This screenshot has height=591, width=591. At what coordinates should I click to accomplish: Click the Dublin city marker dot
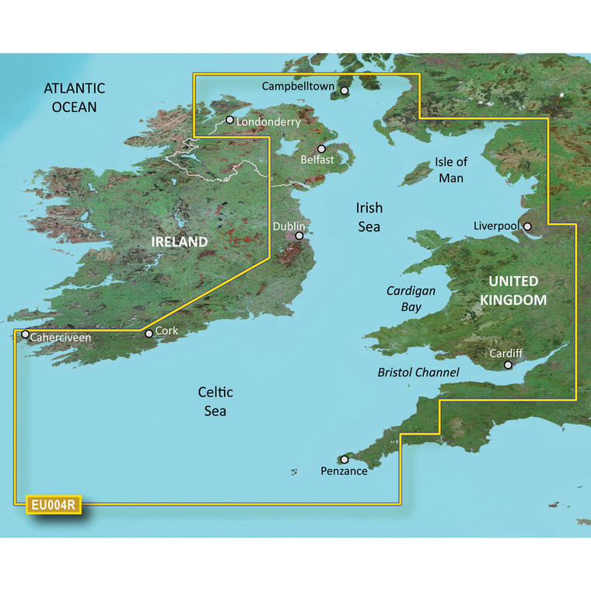pyautogui.click(x=299, y=236)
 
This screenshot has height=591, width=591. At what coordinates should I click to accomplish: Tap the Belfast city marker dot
pyautogui.click(x=321, y=149)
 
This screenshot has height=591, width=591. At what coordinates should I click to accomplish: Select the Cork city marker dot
pyautogui.click(x=149, y=334)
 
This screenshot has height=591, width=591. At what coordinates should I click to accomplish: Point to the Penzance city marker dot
pyautogui.click(x=344, y=460)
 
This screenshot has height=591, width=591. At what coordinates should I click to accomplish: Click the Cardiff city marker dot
pyautogui.click(x=508, y=364)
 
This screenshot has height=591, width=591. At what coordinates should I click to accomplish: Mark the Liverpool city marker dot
pyautogui.click(x=527, y=227)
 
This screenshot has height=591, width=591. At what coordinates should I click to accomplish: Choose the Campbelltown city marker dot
pyautogui.click(x=345, y=91)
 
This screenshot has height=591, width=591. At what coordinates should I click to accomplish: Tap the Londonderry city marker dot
pyautogui.click(x=230, y=120)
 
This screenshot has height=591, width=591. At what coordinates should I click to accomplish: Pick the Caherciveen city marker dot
pyautogui.click(x=25, y=335)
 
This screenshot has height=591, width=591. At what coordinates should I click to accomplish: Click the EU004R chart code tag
pyautogui.click(x=53, y=505)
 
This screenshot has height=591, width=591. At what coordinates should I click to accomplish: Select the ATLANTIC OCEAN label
pyautogui.click(x=74, y=97)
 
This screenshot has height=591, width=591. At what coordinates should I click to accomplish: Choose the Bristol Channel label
pyautogui.click(x=418, y=372)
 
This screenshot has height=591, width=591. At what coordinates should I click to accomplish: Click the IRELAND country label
pyautogui.click(x=180, y=243)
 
